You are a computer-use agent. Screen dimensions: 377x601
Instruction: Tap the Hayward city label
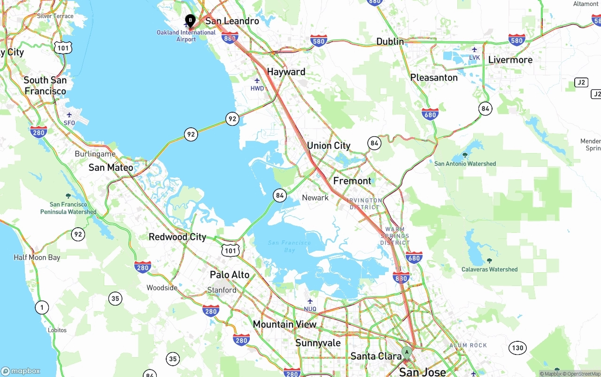pos(286,72)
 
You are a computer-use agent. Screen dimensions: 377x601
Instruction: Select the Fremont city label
pos(352,181)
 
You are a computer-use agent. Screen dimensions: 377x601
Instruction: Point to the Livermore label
pos(510,60)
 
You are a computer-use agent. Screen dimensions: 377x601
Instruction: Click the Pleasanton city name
pos(433,77)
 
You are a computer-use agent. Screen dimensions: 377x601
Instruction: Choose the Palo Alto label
pos(230,275)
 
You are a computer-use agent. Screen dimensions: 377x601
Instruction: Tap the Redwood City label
pos(177,237)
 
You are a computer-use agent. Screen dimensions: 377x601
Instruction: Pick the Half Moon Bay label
pos(37,257)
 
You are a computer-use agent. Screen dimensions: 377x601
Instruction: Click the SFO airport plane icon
pos(69,115)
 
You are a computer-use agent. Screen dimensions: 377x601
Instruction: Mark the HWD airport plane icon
pos(257,81)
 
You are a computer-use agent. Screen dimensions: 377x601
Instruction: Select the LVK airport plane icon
pos(474,50)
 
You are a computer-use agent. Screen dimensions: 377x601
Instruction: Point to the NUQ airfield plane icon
pos(310,301)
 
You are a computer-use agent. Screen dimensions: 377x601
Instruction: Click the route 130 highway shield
pos(517,348)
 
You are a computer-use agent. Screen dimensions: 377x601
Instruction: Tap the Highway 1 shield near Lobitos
pos(42,308)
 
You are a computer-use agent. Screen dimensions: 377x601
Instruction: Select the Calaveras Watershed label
pos(489,269)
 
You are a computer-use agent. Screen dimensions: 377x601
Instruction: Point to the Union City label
pos(329,146)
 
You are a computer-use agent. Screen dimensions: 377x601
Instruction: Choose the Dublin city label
pos(390,41)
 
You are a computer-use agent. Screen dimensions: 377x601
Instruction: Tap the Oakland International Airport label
pos(186,36)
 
